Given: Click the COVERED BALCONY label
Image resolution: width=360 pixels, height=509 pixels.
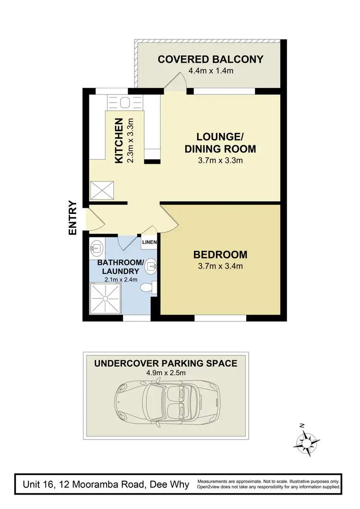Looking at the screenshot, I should pos(210,59).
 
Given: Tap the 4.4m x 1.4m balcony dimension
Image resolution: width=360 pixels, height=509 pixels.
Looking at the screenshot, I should pos(210,71).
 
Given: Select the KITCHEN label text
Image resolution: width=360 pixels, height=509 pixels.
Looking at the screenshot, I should pos(120,141).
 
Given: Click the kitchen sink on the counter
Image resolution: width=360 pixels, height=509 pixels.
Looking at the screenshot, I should pos(124,103).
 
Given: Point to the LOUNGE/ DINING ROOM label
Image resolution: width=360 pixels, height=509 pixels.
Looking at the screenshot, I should pos(220,142).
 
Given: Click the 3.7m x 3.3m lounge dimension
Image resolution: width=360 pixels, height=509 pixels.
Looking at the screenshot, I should pos(220,160).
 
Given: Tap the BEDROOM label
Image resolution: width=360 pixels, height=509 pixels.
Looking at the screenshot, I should pos(220,254).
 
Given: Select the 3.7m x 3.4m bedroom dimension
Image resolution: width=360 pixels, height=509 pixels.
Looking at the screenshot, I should pos(220,266).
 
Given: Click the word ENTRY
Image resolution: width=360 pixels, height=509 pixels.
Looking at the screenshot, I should pos(73,217).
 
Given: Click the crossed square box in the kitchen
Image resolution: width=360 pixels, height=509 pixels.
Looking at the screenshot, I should pos(102,190).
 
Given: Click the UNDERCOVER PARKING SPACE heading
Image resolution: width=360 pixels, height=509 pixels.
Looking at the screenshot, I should pos(166,363).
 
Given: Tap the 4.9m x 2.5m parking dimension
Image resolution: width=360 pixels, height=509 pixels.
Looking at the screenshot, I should pos(166,373).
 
